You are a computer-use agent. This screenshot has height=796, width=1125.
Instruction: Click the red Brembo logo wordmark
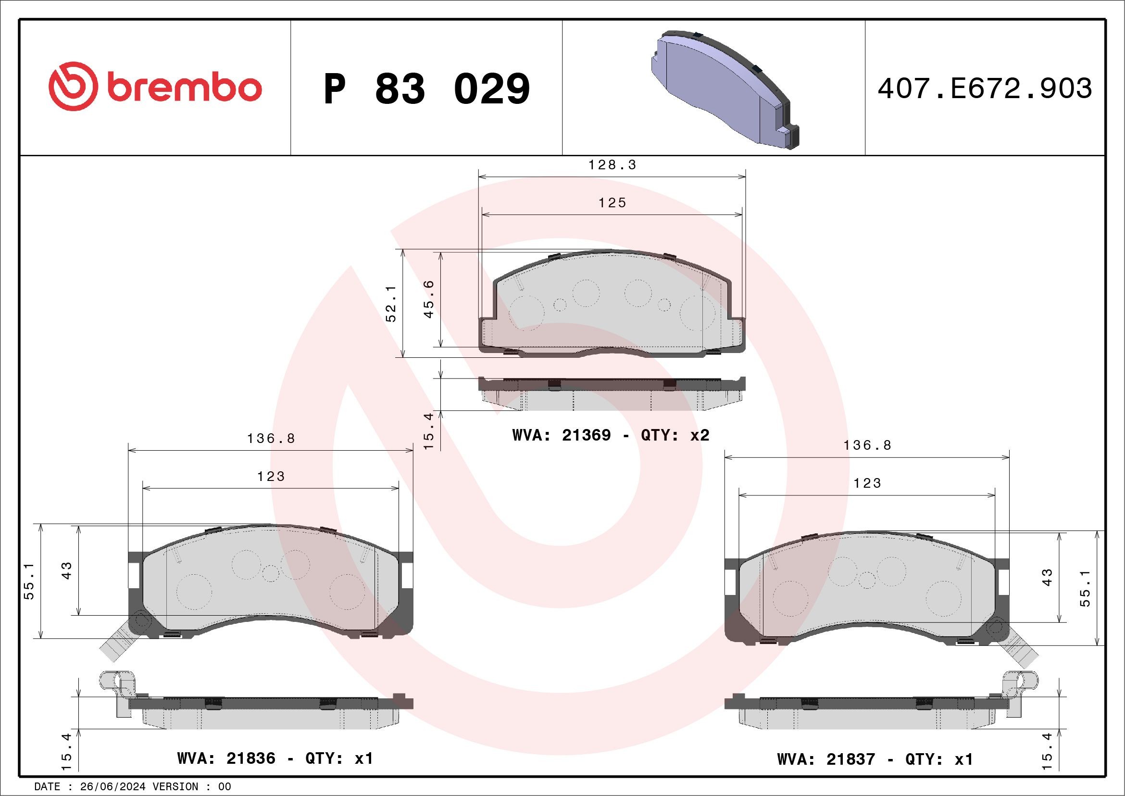pos(155,87)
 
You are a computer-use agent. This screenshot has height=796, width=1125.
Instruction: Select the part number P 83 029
pos(426,88)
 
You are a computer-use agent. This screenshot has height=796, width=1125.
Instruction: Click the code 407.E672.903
pos(985,88)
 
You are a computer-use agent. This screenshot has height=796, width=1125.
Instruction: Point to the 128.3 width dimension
pos(612,165)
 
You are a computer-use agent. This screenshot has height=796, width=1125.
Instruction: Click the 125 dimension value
pos(612,203)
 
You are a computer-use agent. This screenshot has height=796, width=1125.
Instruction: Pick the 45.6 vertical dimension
pos(429,299)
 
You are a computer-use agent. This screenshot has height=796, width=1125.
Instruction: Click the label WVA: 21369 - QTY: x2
pos(611,435)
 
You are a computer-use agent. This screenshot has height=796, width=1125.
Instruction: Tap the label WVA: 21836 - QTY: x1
pos(275,758)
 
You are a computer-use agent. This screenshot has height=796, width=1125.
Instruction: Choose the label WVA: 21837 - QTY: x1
pos(875,759)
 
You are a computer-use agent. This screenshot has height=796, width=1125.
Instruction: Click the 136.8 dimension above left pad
pos(271,439)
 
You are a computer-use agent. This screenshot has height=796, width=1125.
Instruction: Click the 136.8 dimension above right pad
pos(867,445)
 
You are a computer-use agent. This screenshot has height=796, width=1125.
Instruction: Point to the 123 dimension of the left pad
pos(271,477)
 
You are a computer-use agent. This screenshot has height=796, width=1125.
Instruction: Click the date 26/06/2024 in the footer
pos(112,787)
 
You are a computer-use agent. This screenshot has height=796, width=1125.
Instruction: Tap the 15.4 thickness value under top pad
pos(429,431)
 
